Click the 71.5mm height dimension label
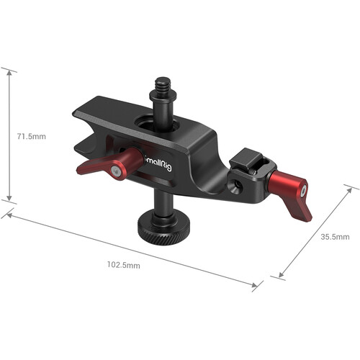coord(30,135)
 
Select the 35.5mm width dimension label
coord(333,236)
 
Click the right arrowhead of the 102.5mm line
coord(256,287)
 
